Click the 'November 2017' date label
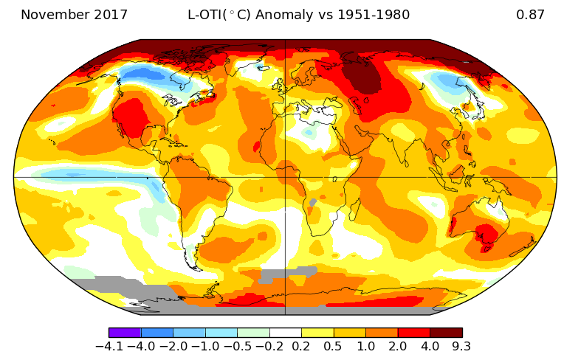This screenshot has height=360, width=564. pyautogui.click(x=74, y=15)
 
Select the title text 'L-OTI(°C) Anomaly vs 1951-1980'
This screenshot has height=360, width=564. pyautogui.click(x=299, y=15)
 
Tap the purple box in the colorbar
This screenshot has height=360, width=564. pyautogui.click(x=125, y=333)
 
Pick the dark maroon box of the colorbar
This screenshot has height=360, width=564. pyautogui.click(x=446, y=333)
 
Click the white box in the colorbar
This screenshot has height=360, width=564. pyautogui.click(x=286, y=333)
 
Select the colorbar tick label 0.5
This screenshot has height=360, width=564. pyautogui.click(x=334, y=347)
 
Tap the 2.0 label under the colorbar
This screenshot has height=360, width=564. pyautogui.click(x=398, y=347)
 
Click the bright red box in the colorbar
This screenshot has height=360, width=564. pyautogui.click(x=414, y=333)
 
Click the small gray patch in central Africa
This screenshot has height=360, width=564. pyautogui.click(x=313, y=201)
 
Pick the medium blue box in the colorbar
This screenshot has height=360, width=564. pyautogui.click(x=157, y=333)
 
